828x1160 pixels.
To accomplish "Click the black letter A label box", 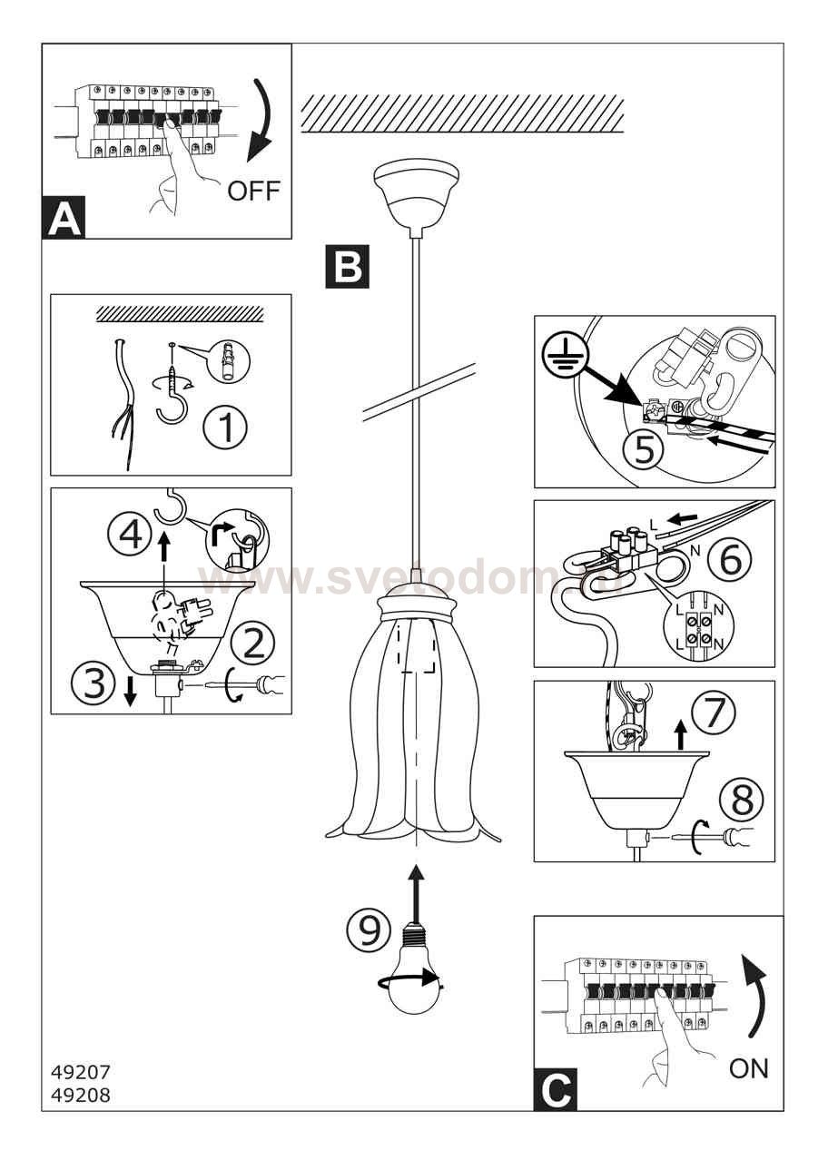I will pos(64,219).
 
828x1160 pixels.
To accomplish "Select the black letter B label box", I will pos(347,266).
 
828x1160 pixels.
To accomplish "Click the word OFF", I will pos(253,191).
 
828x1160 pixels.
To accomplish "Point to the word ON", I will pos(748,1068).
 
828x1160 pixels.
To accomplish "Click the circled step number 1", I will pos(224,428).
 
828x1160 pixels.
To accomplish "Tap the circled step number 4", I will pos(132,533).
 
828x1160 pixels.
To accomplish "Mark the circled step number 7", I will pos(715,713).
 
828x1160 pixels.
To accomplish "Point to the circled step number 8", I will pos(742,800).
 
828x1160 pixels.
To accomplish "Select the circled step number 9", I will pos(369,930).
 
